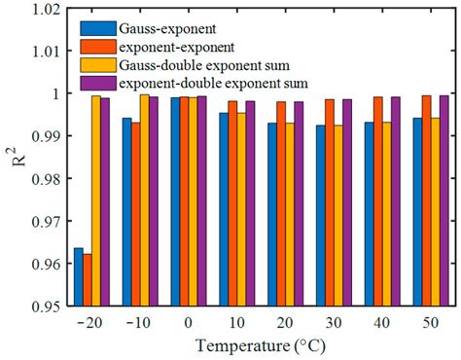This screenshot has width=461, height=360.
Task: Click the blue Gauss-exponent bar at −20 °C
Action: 79,277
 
